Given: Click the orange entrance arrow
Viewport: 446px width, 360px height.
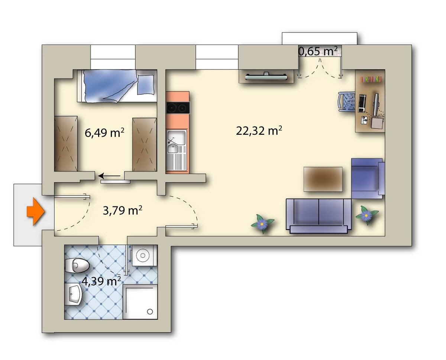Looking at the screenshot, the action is click(x=36, y=212).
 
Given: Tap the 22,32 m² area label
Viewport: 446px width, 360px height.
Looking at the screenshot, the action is click(x=259, y=131).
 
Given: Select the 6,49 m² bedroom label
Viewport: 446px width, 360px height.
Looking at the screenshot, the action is click(x=104, y=133).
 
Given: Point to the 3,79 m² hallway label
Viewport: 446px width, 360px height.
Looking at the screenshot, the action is click(x=123, y=210).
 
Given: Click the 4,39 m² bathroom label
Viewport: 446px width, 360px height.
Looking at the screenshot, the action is click(x=101, y=281).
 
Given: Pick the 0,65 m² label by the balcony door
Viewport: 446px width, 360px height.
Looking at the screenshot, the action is click(x=318, y=51).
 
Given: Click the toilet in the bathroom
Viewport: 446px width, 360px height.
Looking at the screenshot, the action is click(x=77, y=266).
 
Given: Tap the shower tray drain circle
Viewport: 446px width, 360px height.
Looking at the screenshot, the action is click(x=150, y=312).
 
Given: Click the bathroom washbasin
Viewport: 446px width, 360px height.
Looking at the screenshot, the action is click(x=73, y=295).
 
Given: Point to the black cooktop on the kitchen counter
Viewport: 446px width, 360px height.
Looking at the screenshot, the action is click(x=178, y=108).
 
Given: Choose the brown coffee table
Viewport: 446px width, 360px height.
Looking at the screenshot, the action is click(x=323, y=179).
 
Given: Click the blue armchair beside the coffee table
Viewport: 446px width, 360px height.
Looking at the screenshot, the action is click(x=368, y=178).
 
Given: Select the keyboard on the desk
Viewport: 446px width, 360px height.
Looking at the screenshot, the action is click(x=362, y=103).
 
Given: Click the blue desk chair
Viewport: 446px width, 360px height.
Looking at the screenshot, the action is click(x=347, y=103).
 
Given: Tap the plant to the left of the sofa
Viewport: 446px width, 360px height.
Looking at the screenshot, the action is click(x=262, y=224).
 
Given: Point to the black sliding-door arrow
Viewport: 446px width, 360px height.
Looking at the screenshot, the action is click(x=109, y=176).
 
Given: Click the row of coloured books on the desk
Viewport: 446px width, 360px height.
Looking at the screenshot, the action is click(x=371, y=79).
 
